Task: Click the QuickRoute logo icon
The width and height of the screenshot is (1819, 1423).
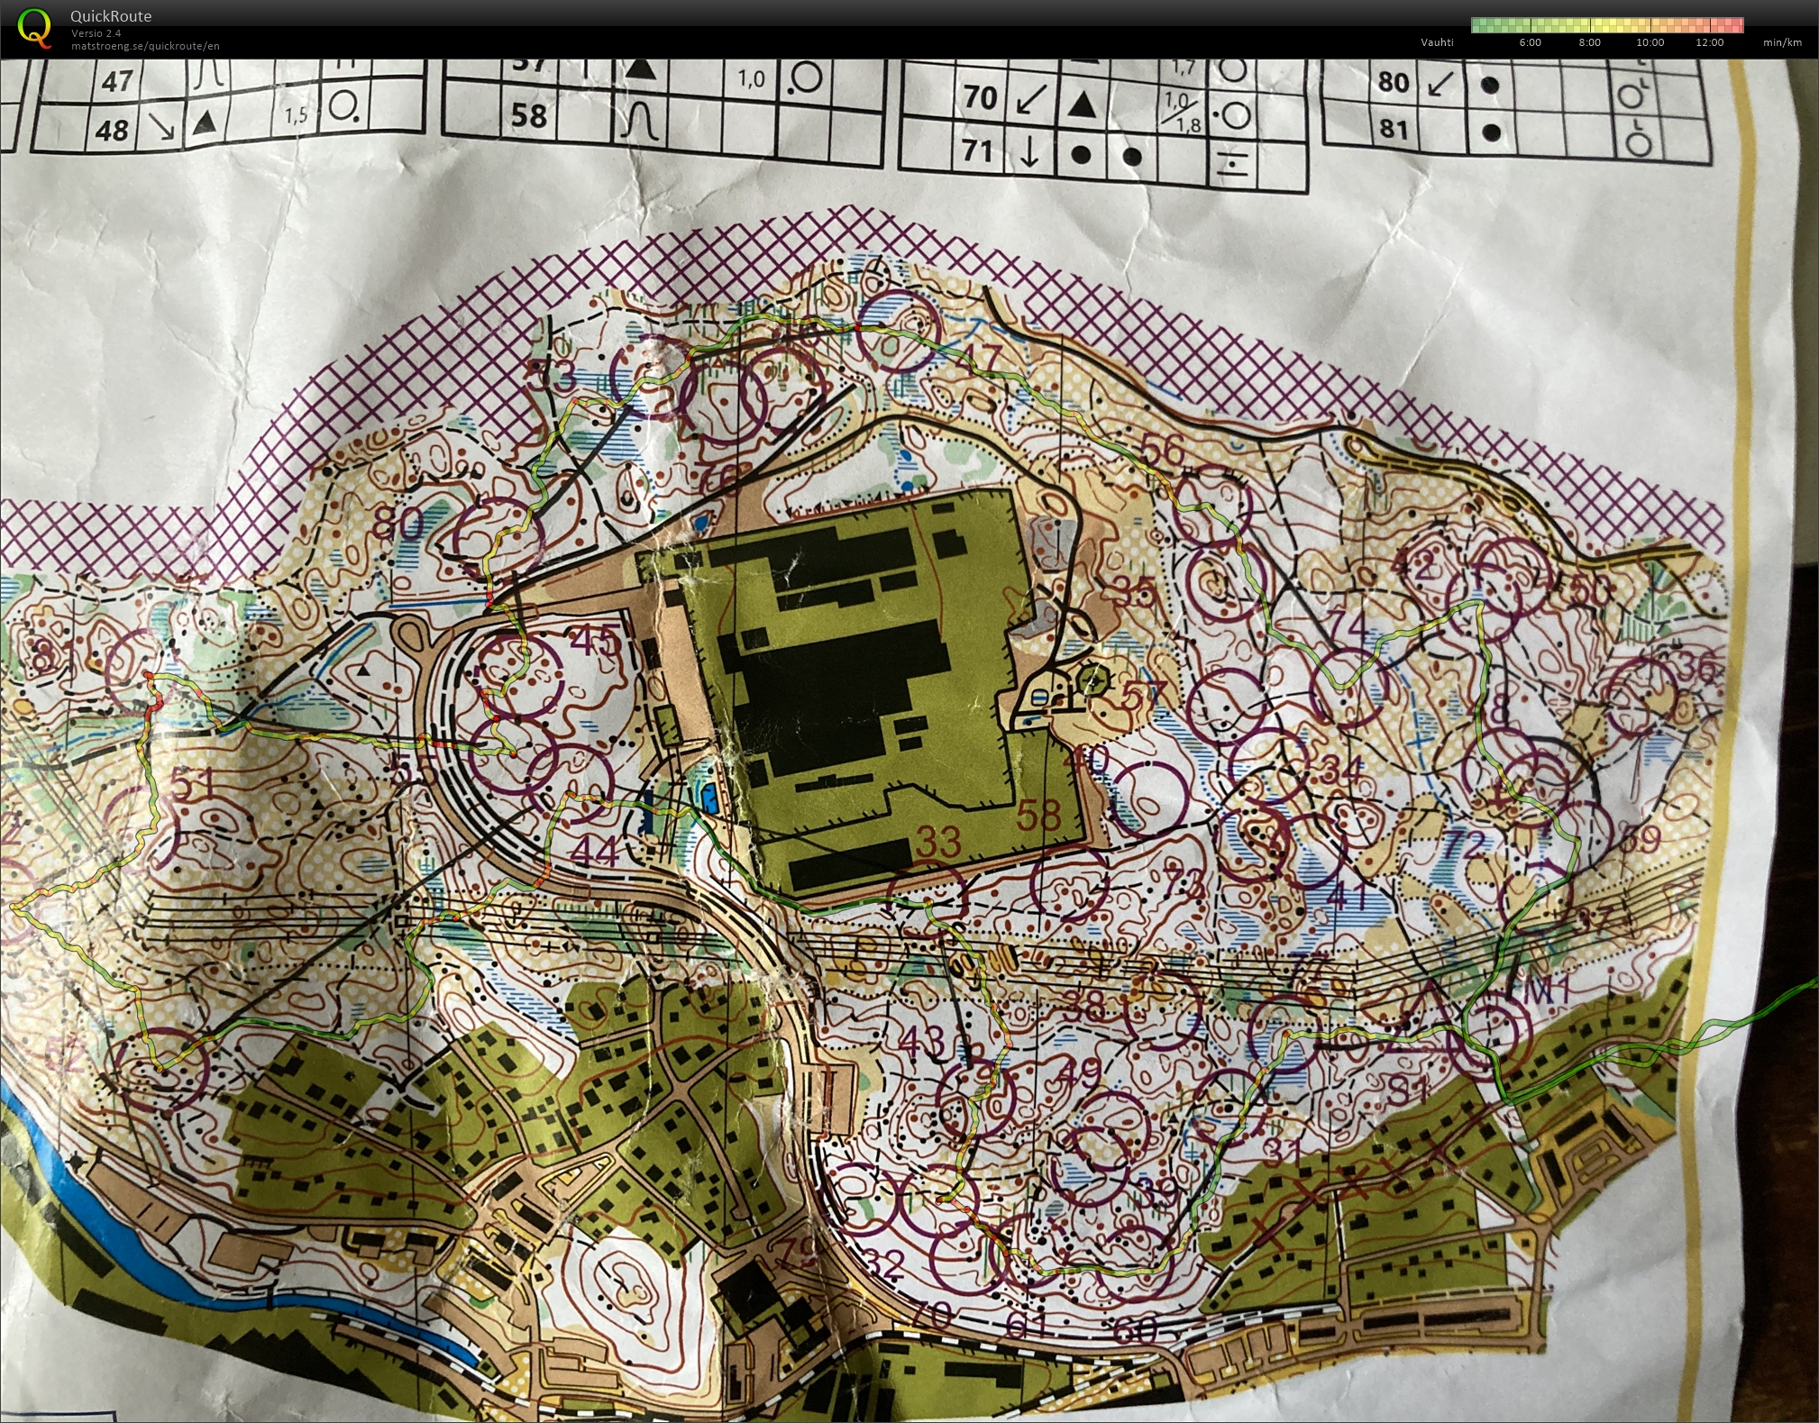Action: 34,27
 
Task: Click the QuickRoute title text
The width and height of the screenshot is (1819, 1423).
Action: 111,16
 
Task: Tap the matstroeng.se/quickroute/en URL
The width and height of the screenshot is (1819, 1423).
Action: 145,46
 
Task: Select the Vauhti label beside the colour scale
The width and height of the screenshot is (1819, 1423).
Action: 1437,42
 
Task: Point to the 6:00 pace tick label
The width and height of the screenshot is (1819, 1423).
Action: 1530,42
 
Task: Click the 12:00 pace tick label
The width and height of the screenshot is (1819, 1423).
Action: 1709,42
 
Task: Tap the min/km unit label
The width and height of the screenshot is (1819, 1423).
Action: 1782,42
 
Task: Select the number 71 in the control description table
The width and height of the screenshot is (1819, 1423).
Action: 977,151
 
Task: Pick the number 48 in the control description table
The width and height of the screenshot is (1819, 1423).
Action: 112,131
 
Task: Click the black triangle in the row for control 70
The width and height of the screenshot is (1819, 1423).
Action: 1081,105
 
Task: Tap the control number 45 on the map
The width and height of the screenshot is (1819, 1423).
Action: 596,641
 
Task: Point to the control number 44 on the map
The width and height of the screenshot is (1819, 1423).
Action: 595,851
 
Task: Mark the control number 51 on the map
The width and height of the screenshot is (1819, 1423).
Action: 194,784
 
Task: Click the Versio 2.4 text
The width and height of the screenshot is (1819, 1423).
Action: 96,33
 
